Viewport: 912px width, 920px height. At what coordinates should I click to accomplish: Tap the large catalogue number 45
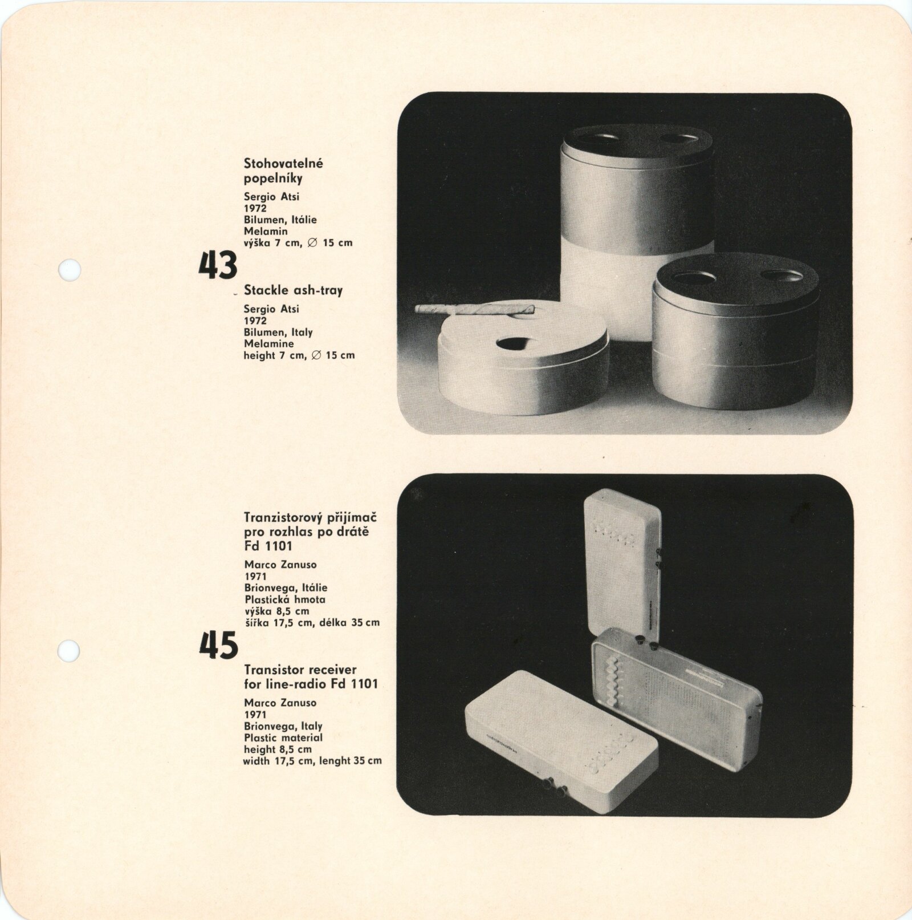tap(218, 646)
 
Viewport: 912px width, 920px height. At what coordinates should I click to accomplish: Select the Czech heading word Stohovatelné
tap(283, 163)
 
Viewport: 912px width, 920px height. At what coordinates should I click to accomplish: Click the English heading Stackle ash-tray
tap(293, 290)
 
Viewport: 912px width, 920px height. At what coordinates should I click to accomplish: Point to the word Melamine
tap(268, 343)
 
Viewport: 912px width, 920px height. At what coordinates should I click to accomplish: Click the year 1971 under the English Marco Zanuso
tap(255, 715)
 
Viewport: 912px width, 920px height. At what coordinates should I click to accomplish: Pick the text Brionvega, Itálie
tap(286, 587)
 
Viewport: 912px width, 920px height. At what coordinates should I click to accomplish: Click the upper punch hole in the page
tap(70, 269)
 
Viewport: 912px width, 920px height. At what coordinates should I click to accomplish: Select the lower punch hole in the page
tap(70, 651)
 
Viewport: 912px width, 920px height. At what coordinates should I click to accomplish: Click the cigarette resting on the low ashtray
tap(475, 310)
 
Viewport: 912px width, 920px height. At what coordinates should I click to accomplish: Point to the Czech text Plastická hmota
tap(284, 599)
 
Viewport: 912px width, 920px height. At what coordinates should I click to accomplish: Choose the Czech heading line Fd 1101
tap(268, 546)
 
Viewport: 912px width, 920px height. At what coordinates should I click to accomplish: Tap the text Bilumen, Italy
tap(278, 332)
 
